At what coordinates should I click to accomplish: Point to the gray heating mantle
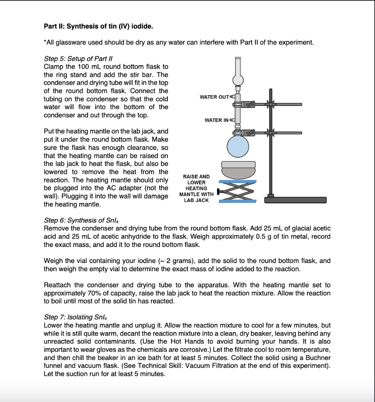click(238, 169)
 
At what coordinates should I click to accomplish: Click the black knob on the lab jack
click(219, 191)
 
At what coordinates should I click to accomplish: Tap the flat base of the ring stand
click(295, 200)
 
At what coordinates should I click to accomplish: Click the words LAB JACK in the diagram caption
click(196, 200)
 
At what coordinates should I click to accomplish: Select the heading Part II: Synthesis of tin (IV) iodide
click(99, 27)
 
